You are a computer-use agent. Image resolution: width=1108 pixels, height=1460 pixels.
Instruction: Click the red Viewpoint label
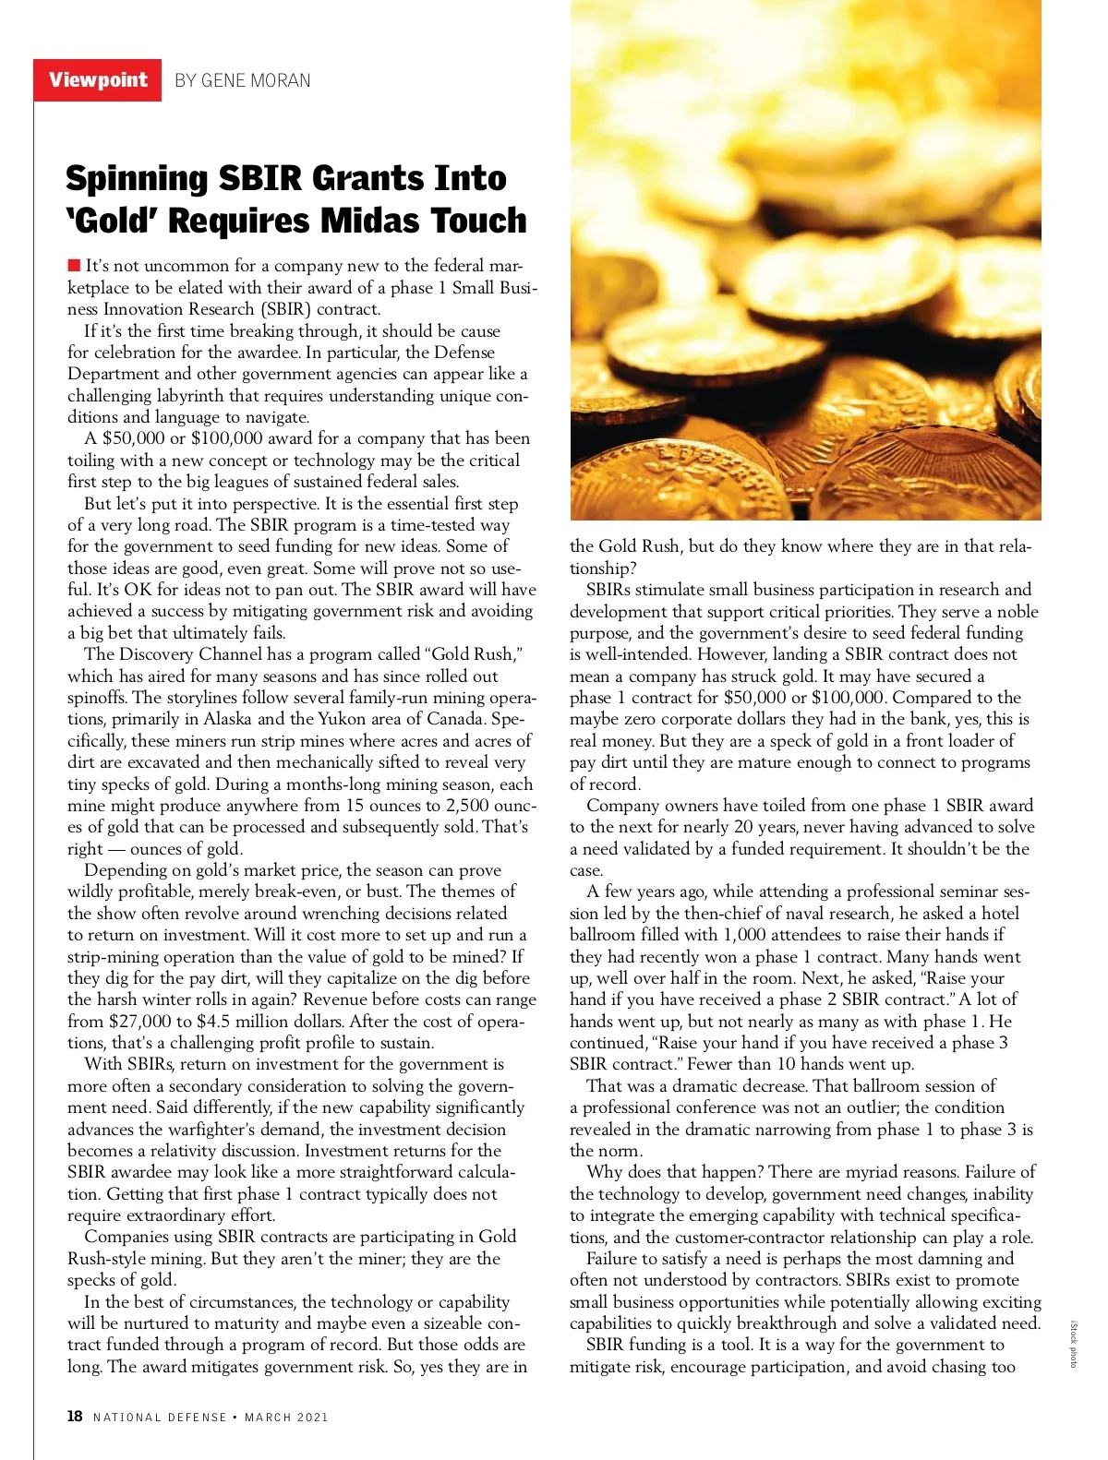(x=98, y=79)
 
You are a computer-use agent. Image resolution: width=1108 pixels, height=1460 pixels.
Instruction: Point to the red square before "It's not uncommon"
(x=74, y=267)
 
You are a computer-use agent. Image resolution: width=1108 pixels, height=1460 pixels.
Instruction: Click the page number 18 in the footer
(x=75, y=1417)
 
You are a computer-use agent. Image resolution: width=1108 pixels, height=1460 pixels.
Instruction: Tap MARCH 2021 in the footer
(x=286, y=1418)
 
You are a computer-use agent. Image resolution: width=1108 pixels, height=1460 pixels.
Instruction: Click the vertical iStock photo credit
(x=1073, y=1344)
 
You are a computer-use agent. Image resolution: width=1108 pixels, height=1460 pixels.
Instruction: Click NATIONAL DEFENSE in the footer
(x=160, y=1418)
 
